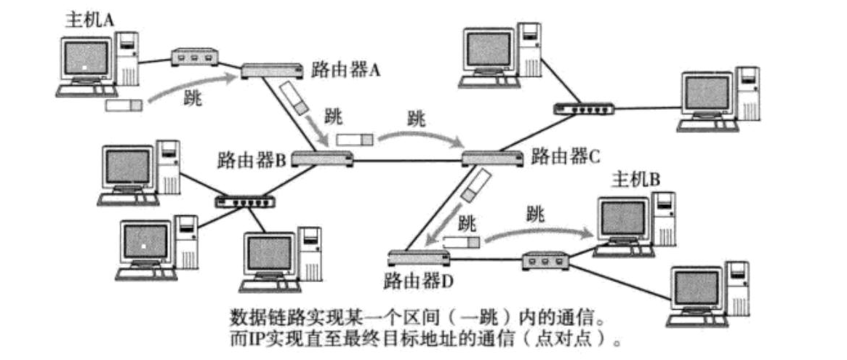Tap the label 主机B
(x=635, y=179)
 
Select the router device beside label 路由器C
(x=491, y=158)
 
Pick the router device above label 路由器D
(x=417, y=257)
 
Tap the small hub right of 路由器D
(x=546, y=258)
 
